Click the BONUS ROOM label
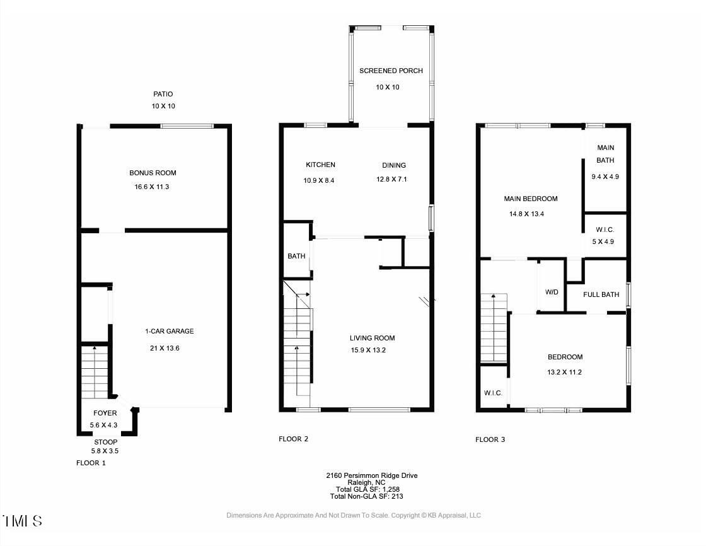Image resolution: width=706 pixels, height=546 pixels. click(x=153, y=173)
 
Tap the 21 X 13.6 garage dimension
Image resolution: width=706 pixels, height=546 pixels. click(x=165, y=348)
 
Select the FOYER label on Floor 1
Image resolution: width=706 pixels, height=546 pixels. click(x=105, y=413)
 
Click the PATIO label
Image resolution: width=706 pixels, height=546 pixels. click(x=163, y=94)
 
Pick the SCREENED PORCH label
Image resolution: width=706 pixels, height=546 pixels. click(x=391, y=71)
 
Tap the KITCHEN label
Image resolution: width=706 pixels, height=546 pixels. click(x=321, y=165)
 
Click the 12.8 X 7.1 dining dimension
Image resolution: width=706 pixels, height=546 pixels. click(x=391, y=179)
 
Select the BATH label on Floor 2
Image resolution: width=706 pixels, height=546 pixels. click(x=296, y=257)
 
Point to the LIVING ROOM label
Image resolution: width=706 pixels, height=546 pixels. click(x=373, y=339)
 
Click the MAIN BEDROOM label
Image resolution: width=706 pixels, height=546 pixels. click(x=531, y=199)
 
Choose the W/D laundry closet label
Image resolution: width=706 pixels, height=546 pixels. click(x=552, y=293)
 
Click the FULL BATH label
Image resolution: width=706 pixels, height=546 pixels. click(x=601, y=294)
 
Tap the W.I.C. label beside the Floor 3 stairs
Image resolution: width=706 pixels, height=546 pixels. click(x=493, y=393)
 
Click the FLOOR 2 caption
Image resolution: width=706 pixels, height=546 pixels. click(x=294, y=439)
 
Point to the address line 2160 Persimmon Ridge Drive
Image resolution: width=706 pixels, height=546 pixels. click(x=372, y=475)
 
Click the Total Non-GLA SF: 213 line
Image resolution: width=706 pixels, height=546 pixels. click(x=366, y=496)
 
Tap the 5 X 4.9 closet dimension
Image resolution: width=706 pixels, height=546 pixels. click(x=603, y=242)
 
